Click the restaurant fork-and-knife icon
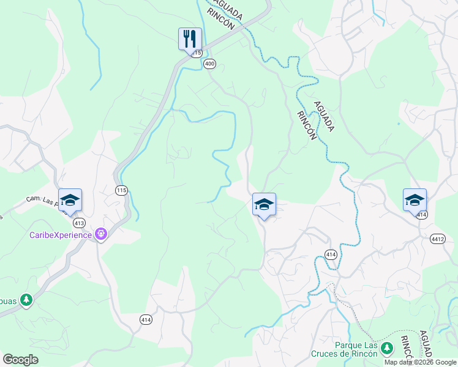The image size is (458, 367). [x=189, y=39]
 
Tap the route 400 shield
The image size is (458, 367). [x=210, y=64]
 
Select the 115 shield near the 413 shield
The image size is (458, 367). [x=121, y=191]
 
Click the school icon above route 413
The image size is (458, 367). [x=70, y=200]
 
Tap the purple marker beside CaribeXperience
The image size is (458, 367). [x=101, y=234]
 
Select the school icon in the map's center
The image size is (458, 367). [x=264, y=204]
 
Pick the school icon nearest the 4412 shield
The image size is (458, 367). [x=415, y=200]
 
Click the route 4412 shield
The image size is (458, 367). [x=438, y=239]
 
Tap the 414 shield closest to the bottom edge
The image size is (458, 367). [x=146, y=320]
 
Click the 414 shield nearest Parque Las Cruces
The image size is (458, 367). [x=331, y=254]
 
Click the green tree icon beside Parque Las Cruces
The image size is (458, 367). [x=386, y=349]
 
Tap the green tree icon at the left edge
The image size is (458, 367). [x=26, y=300]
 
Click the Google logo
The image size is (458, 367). [x=20, y=360]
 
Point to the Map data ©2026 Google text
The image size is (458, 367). [x=420, y=362]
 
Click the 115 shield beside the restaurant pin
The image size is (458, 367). [x=197, y=54]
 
